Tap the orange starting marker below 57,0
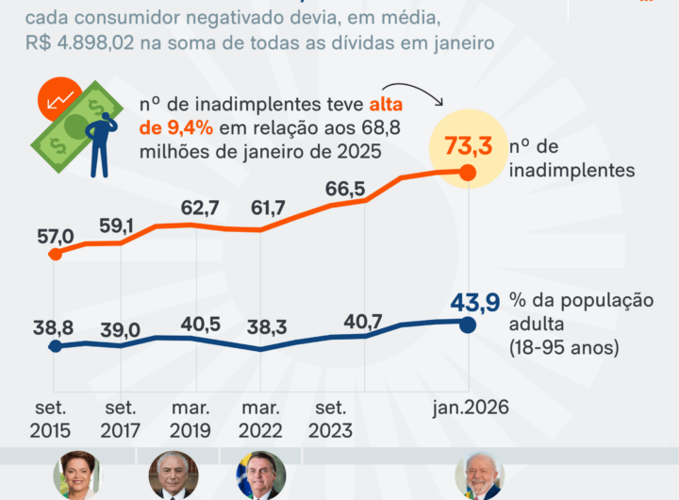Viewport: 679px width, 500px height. pos(55,253)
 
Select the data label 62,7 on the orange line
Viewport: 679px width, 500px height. pos(201,207)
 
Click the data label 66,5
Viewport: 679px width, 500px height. pos(344,187)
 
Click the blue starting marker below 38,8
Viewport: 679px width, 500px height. pos(55,345)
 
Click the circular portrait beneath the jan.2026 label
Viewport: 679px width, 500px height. pos(478,476)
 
